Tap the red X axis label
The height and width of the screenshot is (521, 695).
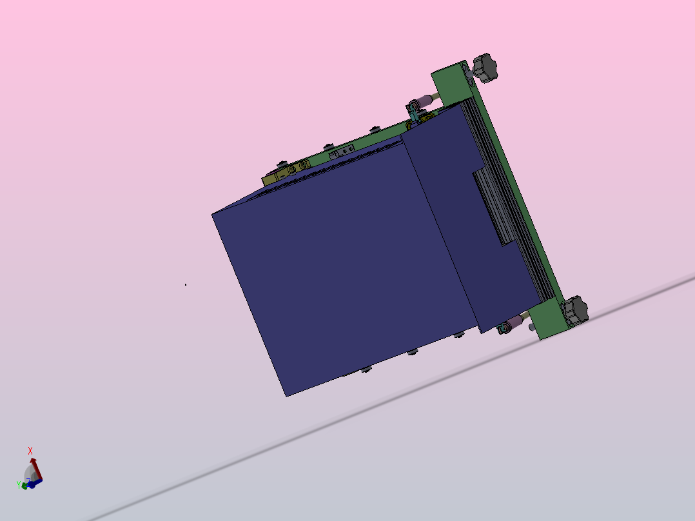point(30,451)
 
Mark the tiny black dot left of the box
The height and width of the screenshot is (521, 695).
point(186,284)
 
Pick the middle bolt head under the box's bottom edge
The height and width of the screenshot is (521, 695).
point(412,352)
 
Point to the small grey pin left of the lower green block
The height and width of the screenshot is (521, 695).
point(531,326)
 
